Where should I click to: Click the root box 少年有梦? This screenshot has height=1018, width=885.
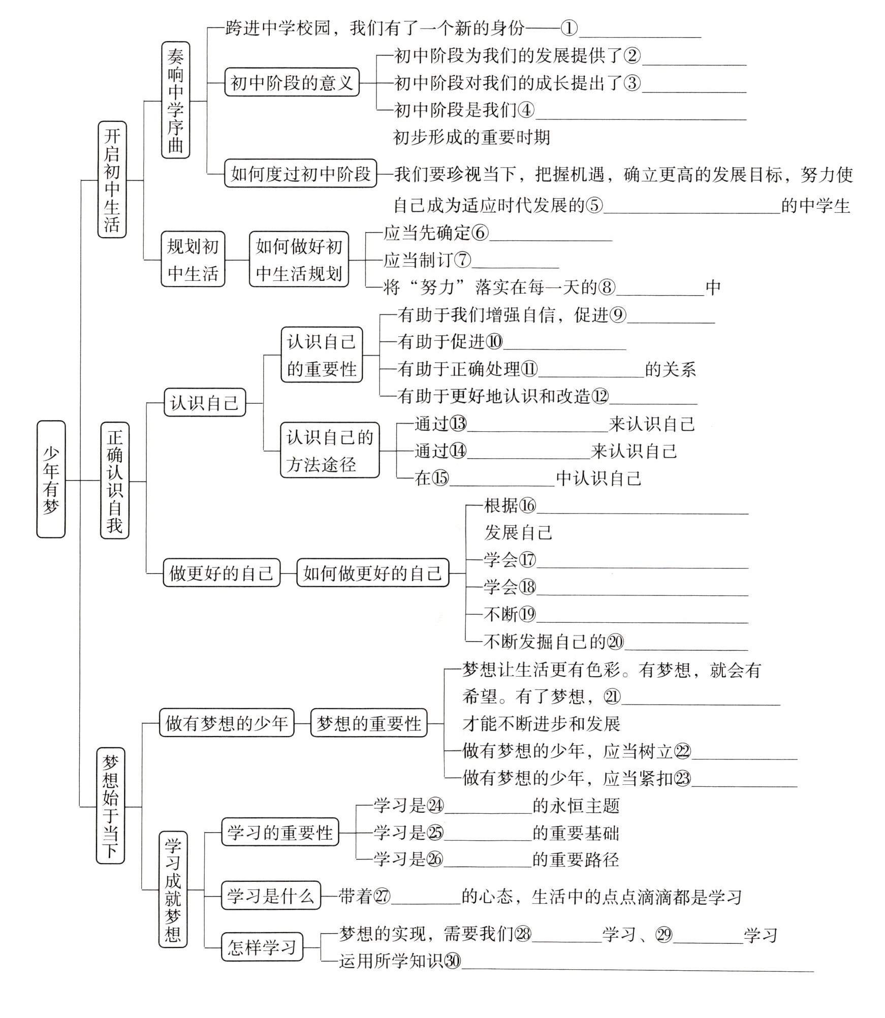51,479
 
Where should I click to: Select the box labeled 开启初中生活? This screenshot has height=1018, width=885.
112,179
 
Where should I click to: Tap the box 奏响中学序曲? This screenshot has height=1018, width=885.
175,100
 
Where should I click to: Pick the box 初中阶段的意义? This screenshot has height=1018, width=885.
292,82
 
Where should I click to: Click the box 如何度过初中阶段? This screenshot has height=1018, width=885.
300,174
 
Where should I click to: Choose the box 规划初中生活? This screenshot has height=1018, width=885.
193,259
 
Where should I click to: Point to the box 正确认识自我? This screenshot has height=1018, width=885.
115,480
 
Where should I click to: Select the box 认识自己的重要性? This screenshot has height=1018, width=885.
322,355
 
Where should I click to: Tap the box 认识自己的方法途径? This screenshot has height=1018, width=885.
330,450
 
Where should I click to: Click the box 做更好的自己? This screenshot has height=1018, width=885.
221,573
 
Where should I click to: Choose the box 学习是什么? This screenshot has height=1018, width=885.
271,897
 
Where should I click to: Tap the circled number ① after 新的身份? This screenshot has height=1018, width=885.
570,28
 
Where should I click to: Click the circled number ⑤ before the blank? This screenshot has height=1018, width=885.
594,206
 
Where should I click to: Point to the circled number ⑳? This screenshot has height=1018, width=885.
615,642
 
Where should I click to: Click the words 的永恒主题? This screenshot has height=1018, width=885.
576,806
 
